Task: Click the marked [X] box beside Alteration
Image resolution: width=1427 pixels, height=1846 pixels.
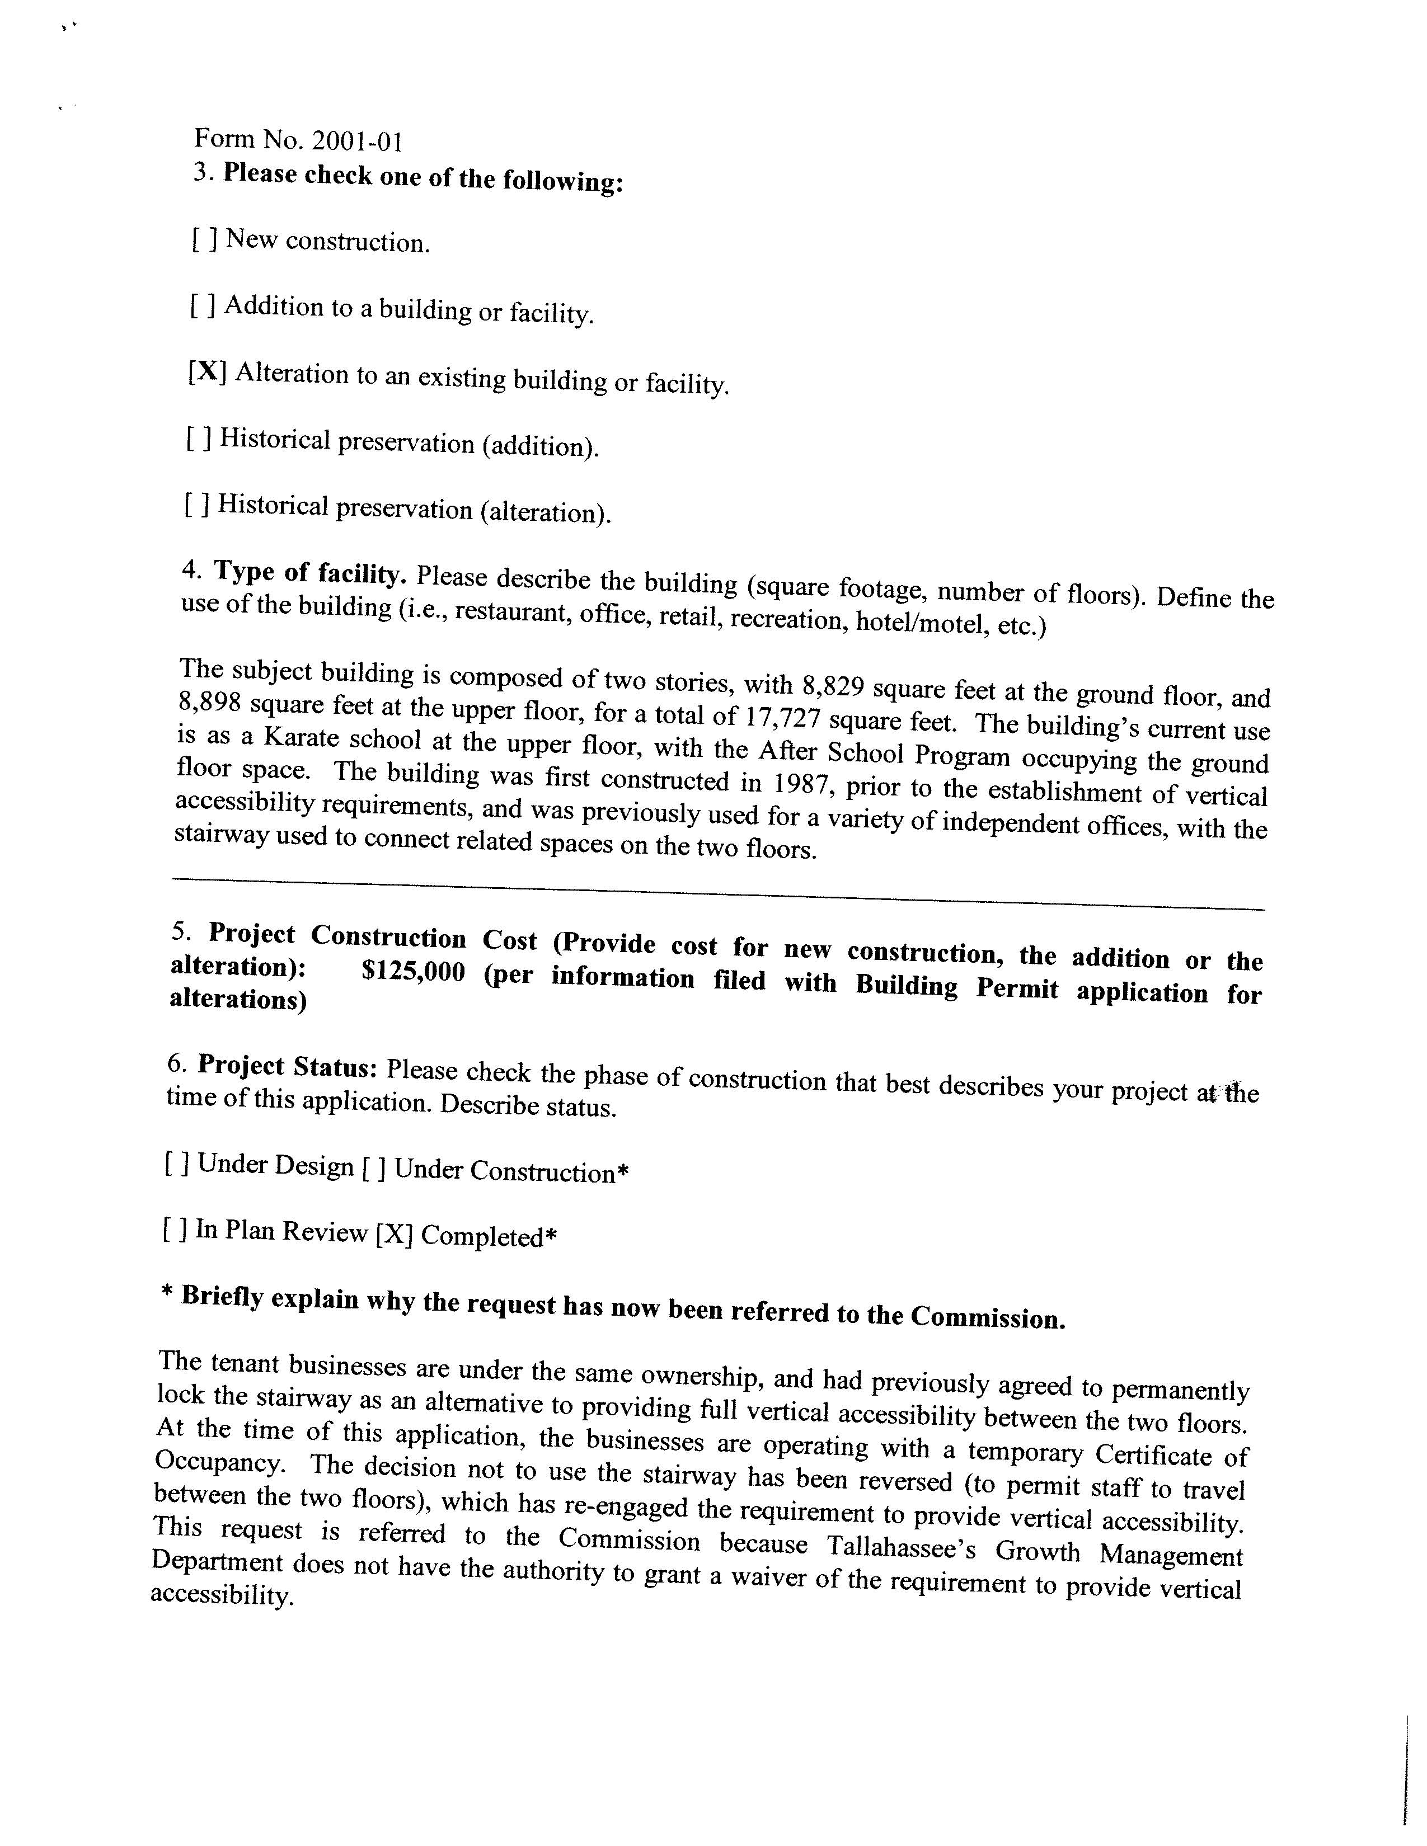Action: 207,372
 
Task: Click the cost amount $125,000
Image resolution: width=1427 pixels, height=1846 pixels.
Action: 414,972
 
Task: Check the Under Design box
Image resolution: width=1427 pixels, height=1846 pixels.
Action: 177,1165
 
